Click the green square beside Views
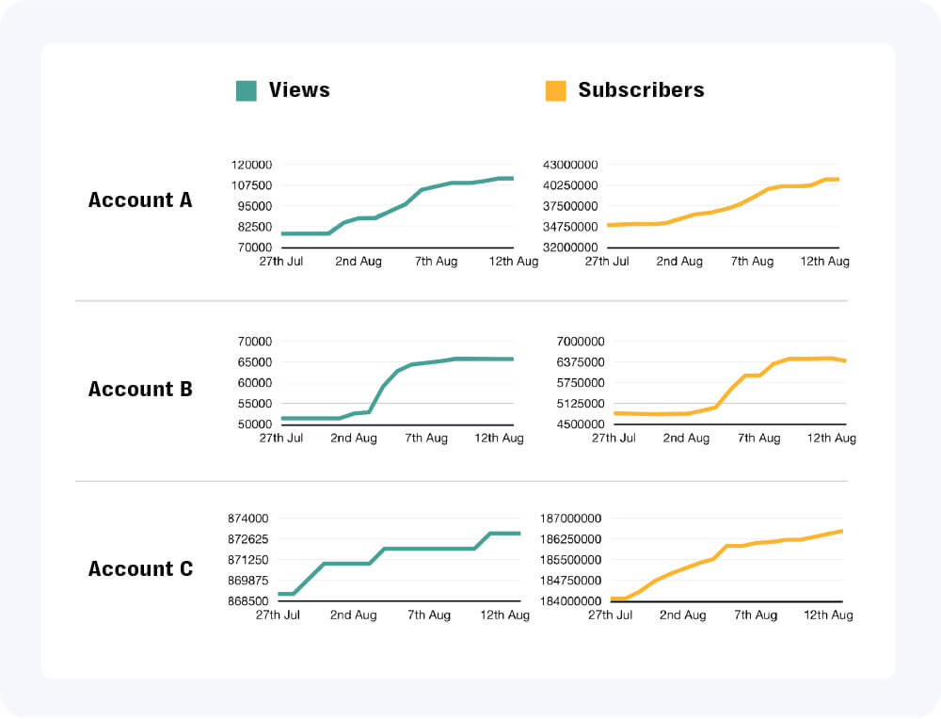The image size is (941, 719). [x=246, y=90]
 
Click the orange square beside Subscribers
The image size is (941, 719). [x=555, y=90]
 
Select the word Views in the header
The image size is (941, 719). [x=299, y=90]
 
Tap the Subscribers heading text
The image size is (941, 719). [x=641, y=90]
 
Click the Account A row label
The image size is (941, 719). [x=140, y=200]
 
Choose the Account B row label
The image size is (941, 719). [x=140, y=389]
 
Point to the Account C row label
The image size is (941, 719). [x=140, y=568]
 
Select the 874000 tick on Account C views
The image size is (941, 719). [x=247, y=519]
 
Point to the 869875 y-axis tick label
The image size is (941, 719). [x=247, y=581]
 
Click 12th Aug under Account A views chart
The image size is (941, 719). [x=512, y=262]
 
